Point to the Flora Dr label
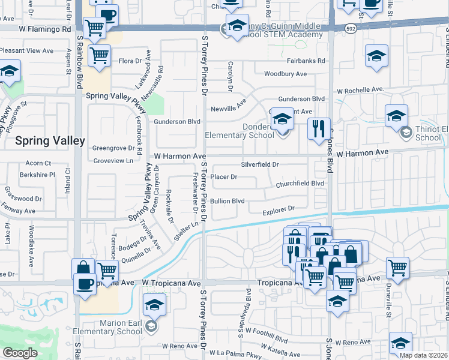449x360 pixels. tap(130, 61)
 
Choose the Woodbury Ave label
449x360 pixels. tap(286, 74)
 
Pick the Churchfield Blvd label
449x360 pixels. tap(300, 184)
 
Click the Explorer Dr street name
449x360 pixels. tap(279, 209)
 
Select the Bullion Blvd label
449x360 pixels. tap(227, 200)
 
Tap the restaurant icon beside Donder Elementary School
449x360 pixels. tap(318, 128)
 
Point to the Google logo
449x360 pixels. tap(20, 353)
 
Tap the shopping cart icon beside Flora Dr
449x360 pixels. tap(100, 56)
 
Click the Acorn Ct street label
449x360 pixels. tap(38, 163)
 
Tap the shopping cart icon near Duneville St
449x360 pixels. tap(397, 268)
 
